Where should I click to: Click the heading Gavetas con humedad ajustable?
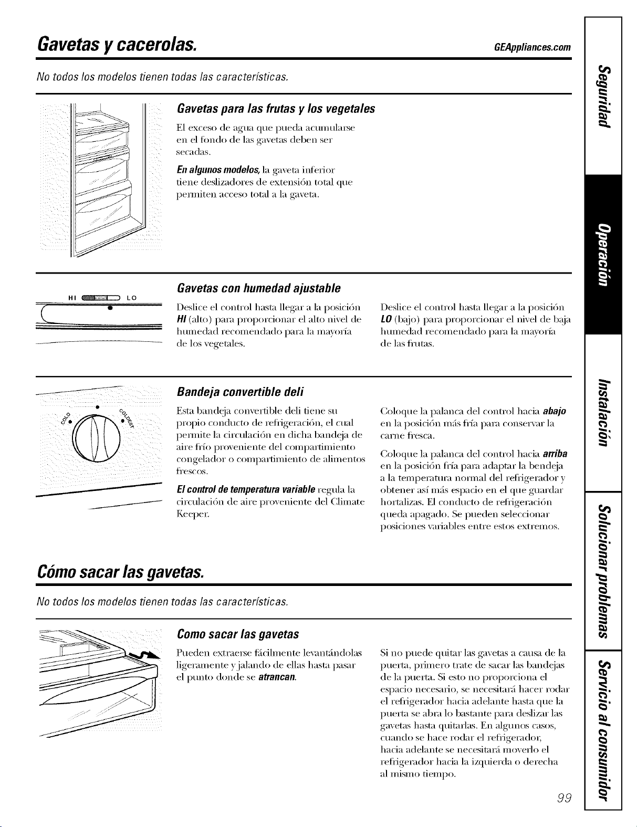click(259, 288)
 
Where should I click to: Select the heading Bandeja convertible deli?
click(241, 392)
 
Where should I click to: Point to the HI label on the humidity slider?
click(72, 298)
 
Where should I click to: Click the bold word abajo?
click(555, 411)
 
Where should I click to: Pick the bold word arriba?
click(555, 454)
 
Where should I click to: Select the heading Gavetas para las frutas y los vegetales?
click(276, 109)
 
